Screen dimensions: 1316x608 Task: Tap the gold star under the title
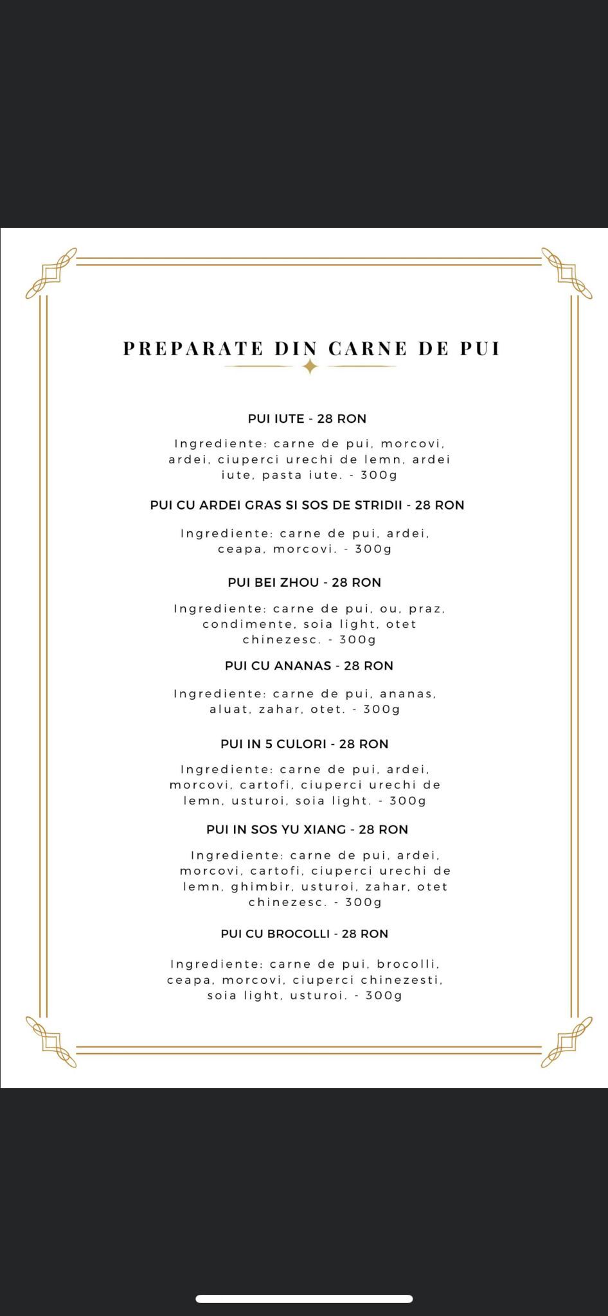coord(310,367)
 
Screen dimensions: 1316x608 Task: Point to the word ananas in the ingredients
coord(407,694)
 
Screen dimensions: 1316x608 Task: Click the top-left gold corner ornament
coord(51,272)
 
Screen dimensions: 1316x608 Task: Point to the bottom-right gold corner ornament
coord(566,1042)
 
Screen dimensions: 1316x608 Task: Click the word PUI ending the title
coord(479,348)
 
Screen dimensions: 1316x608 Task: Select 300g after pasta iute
coord(379,476)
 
